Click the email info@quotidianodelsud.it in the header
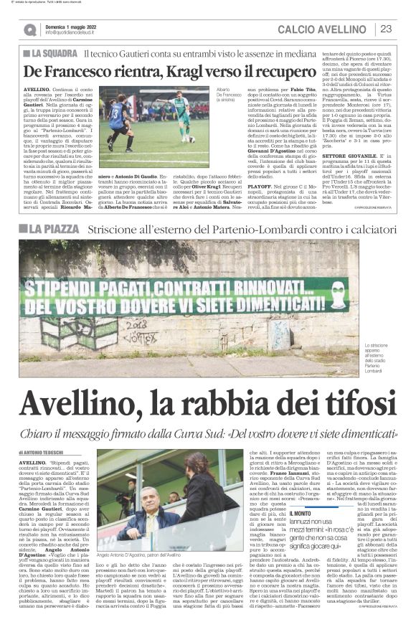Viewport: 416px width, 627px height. (x=75, y=33)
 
